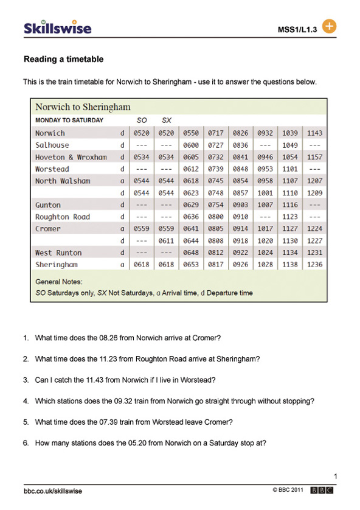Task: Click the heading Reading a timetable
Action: (x=63, y=60)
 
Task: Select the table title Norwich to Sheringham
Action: (x=83, y=107)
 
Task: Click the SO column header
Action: (x=141, y=121)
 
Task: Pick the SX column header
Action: (x=166, y=121)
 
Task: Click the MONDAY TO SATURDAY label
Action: (x=69, y=121)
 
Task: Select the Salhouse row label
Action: (x=52, y=145)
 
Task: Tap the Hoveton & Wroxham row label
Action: (x=71, y=157)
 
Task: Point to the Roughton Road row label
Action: (x=63, y=217)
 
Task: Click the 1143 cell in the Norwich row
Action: (x=315, y=133)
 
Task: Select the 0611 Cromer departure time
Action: (x=166, y=241)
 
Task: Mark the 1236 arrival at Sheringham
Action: (x=315, y=265)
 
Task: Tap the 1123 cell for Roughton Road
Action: (x=290, y=217)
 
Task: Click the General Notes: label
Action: (x=58, y=282)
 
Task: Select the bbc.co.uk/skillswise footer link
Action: (x=53, y=491)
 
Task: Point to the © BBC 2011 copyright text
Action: (x=288, y=490)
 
